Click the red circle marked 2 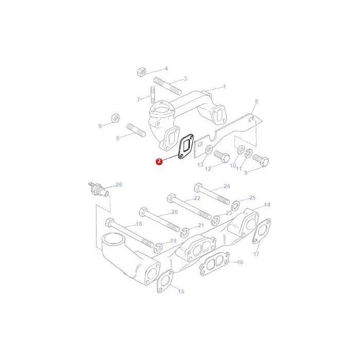tap(159, 161)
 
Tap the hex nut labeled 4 tap(141, 72)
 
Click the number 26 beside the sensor tap(119, 185)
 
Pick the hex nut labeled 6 tap(116, 118)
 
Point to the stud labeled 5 tap(136, 130)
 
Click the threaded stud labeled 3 tap(167, 86)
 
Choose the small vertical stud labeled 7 tap(153, 95)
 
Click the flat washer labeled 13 tap(208, 150)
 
